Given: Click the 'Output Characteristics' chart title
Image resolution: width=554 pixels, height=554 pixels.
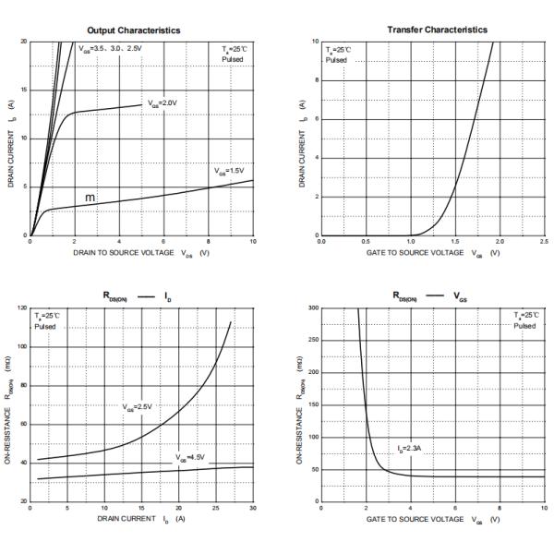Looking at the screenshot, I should click(139, 30).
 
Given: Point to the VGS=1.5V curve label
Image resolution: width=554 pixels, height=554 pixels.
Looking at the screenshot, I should click(232, 171).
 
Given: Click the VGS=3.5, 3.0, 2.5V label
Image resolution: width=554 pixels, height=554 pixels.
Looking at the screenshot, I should click(112, 46).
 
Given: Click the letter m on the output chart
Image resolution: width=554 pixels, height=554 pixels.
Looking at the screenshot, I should click(90, 198).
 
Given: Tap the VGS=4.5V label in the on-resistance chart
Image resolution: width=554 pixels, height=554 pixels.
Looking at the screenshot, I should click(191, 457).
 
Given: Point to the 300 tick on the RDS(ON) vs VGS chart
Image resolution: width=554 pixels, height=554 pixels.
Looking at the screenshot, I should click(313, 307).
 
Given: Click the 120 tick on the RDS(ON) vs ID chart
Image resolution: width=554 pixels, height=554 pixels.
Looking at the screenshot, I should click(22, 307).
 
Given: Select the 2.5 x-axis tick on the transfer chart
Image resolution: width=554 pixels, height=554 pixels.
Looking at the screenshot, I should click(545, 242).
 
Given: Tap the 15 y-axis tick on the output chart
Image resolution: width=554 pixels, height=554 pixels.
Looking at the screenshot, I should click(24, 90).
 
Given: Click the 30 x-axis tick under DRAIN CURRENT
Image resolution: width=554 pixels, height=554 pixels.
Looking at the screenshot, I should click(253, 508).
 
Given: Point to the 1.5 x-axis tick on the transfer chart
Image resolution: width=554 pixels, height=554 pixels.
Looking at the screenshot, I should click(455, 242).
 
